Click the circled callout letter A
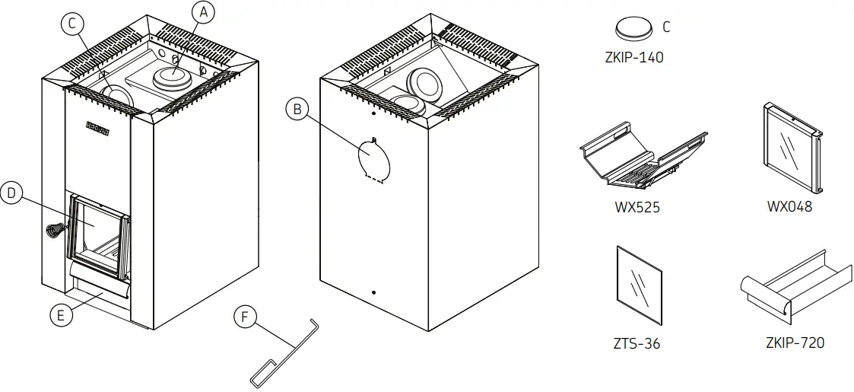pos(202,11)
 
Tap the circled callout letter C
pos(72,24)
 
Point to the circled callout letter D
pos(11,193)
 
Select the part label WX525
pos(637,207)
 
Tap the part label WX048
pos(789,207)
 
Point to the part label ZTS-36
pos(637,343)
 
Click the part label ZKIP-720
pos(795,343)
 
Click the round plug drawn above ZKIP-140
pos(633,29)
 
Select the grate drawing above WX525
pos(641,158)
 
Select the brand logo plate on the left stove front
pos(97,128)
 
